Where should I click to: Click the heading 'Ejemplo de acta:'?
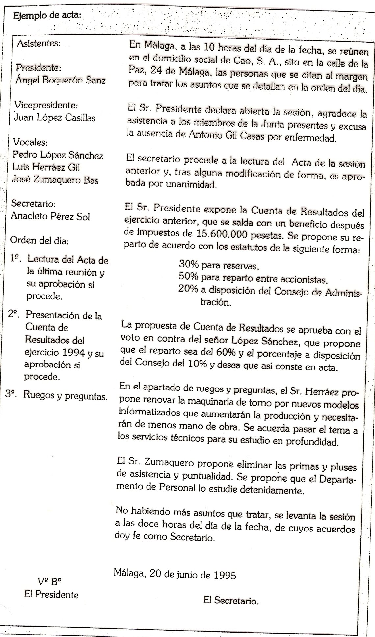[46, 16]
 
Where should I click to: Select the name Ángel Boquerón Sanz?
[61, 80]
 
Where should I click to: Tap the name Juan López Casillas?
[55, 118]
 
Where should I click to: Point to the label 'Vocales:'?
[30, 142]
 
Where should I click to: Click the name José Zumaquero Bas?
[55, 180]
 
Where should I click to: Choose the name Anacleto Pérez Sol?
[50, 216]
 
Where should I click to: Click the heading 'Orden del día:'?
[40, 241]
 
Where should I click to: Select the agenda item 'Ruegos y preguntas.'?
[65, 396]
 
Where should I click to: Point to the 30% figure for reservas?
[188, 264]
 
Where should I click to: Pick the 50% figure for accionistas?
[188, 277]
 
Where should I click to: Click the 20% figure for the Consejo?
[188, 289]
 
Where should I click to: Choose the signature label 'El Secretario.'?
[231, 601]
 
